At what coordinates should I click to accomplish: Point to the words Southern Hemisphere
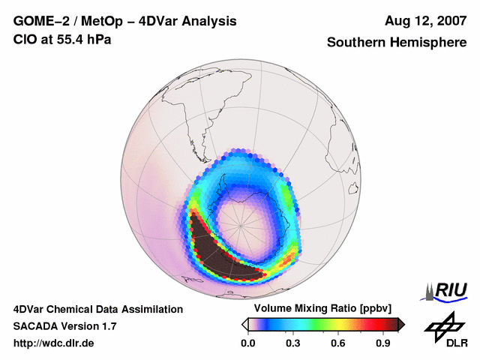point(396,43)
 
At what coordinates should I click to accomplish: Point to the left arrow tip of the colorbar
point(244,324)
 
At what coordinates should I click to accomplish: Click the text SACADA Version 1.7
point(64,326)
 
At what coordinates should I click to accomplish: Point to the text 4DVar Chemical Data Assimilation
point(97,309)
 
